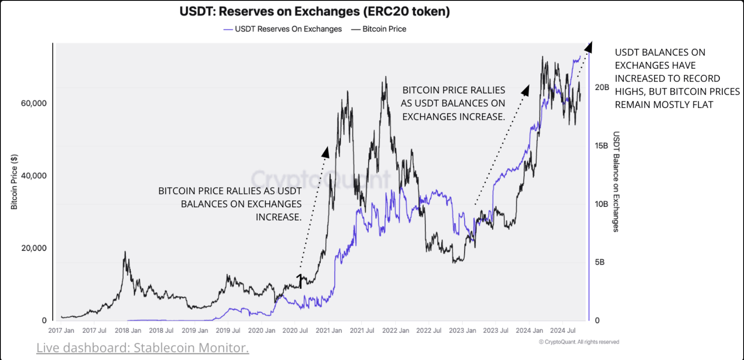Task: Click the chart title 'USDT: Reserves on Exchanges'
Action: tap(314, 11)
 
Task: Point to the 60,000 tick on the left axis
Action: tap(34, 103)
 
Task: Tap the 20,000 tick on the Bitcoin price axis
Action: tap(34, 248)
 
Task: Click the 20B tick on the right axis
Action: tap(601, 87)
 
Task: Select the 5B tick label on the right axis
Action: tap(599, 262)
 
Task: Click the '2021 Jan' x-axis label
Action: tap(328, 330)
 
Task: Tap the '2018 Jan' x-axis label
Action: tap(128, 330)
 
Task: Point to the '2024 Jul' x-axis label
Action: tap(562, 330)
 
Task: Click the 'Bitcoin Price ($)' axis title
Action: tap(14, 182)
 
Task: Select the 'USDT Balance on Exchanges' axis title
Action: tap(616, 182)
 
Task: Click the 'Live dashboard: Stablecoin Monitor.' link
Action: tap(142, 348)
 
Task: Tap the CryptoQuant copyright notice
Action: tap(579, 342)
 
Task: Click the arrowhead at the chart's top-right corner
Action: tap(588, 47)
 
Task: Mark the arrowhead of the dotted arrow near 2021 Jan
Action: tap(325, 152)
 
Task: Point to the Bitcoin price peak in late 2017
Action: tap(125, 252)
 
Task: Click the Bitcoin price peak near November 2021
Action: tap(386, 78)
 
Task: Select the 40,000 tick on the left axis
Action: tap(34, 176)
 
